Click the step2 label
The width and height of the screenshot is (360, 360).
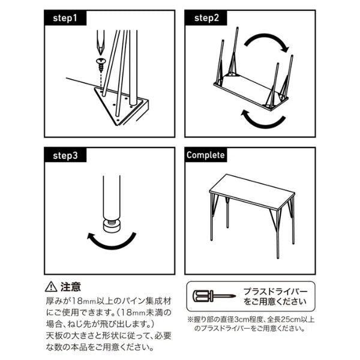point(206,19)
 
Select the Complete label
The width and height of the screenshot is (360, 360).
point(205,155)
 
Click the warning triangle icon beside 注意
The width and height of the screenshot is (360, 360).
point(50,287)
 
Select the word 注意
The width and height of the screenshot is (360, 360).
point(71,287)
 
